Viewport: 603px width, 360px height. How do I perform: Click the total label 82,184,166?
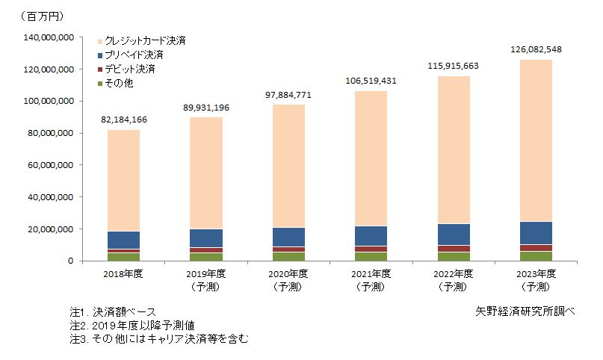pos(125,119)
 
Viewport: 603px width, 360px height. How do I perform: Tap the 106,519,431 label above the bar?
pos(371,81)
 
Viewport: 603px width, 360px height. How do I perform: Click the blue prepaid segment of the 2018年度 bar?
pos(125,240)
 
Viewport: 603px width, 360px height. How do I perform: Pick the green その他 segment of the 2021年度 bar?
pos(371,257)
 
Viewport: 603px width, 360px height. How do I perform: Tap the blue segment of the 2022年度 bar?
pos(453,235)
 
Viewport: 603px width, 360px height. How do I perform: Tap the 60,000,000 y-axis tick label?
pos(49,165)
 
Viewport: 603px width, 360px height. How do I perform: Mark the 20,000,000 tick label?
pos(49,229)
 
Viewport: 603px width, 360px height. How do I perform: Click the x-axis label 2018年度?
pos(125,274)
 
